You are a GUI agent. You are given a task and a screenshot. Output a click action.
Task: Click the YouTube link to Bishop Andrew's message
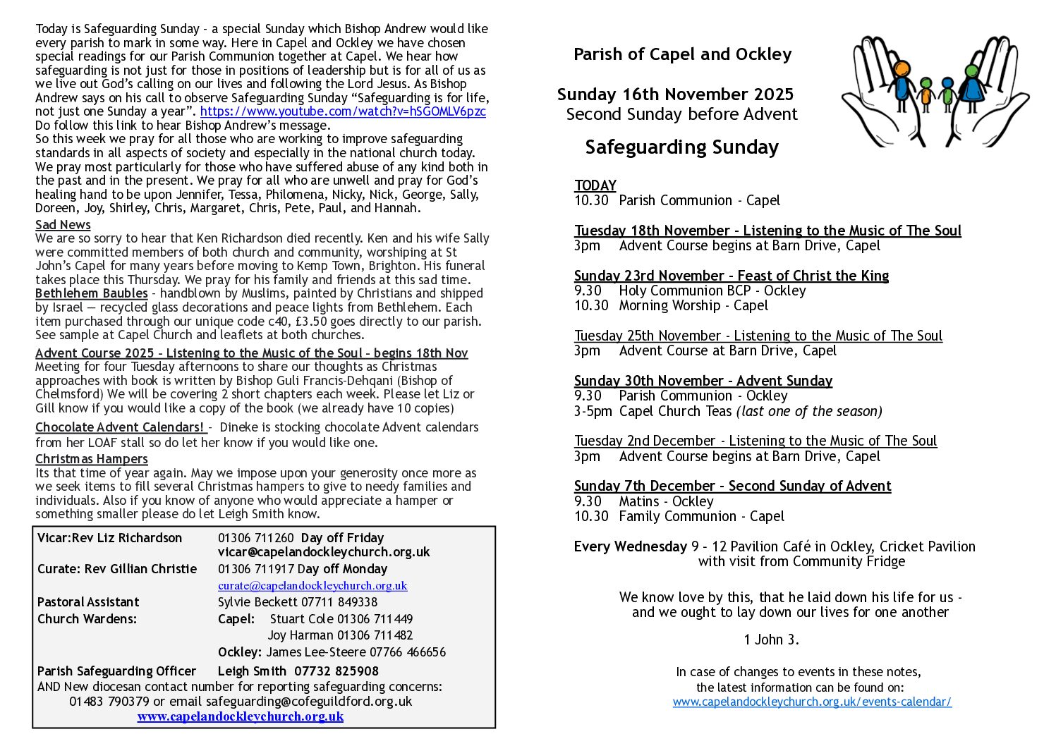(x=343, y=111)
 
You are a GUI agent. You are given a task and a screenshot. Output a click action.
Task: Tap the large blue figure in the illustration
(x=972, y=84)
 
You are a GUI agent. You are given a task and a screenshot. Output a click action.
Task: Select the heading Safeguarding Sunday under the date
(x=681, y=147)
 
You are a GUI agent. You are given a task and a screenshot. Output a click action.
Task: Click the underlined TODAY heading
(x=595, y=185)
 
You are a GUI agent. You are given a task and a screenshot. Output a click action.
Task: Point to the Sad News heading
(x=63, y=225)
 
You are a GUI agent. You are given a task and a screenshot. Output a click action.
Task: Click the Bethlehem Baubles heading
(x=92, y=293)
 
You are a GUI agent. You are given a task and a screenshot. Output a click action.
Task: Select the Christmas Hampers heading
(x=92, y=459)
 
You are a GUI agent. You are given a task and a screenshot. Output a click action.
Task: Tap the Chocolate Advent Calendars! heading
(x=120, y=427)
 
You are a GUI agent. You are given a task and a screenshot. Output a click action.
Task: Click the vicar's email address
(x=324, y=552)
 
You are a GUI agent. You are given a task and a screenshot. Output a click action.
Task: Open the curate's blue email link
(x=312, y=585)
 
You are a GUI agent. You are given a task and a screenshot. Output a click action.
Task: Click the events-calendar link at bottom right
(x=812, y=702)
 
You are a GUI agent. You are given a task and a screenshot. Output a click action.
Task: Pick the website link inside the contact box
(x=241, y=716)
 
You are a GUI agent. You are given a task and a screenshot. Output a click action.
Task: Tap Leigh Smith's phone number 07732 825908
(x=336, y=671)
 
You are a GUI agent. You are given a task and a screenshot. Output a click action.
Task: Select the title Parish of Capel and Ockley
(x=682, y=54)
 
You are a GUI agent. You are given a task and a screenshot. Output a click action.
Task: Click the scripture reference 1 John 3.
(x=771, y=640)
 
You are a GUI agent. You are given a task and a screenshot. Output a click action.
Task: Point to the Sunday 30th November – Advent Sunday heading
(x=703, y=381)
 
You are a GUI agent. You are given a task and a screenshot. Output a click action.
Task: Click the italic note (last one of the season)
(x=809, y=411)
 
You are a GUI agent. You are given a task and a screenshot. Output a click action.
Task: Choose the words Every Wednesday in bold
(x=630, y=546)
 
